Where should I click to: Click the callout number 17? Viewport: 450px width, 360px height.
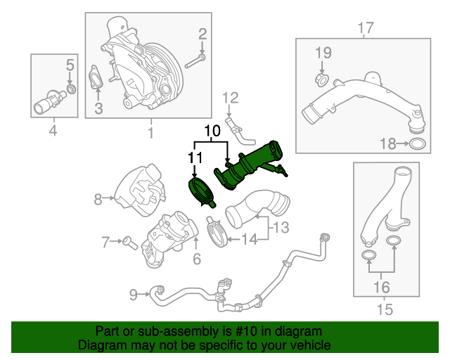(365, 28)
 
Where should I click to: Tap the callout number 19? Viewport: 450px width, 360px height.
(322, 52)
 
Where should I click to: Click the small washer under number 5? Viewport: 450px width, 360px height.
(70, 90)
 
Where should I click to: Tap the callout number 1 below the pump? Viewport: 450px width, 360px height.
(150, 132)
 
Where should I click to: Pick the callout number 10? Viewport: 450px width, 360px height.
(212, 131)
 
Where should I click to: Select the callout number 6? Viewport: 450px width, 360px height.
(197, 259)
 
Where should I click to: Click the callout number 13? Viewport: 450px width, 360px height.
(281, 227)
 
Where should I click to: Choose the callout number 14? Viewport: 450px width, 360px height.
(250, 240)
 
